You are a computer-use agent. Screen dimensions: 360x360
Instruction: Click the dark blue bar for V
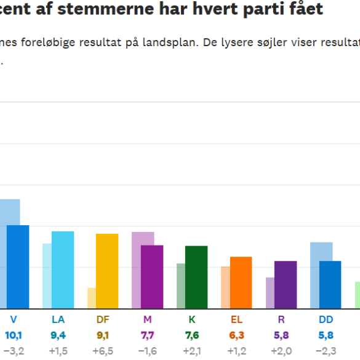(18, 266)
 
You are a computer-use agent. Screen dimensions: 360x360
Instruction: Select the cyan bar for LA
(63, 270)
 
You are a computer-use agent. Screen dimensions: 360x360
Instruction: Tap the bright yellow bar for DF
(107, 271)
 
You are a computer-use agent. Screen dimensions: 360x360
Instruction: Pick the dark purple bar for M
(152, 276)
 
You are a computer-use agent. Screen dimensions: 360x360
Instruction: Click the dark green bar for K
(196, 277)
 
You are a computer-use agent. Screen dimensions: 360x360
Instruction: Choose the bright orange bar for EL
(241, 282)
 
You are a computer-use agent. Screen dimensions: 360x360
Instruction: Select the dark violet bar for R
(286, 284)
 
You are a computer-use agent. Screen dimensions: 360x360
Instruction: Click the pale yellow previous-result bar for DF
(92, 298)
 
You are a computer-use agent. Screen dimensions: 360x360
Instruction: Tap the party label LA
(58, 319)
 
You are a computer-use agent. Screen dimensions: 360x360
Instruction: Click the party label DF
(103, 319)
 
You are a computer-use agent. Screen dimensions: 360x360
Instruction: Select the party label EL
(236, 319)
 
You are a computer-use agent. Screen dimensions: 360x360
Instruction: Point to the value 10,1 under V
(14, 335)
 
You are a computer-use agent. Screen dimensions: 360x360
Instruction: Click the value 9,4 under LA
(58, 335)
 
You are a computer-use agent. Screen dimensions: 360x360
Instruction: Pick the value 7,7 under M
(147, 335)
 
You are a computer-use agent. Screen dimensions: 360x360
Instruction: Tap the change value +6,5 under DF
(103, 351)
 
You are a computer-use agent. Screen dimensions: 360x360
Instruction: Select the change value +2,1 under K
(192, 351)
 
